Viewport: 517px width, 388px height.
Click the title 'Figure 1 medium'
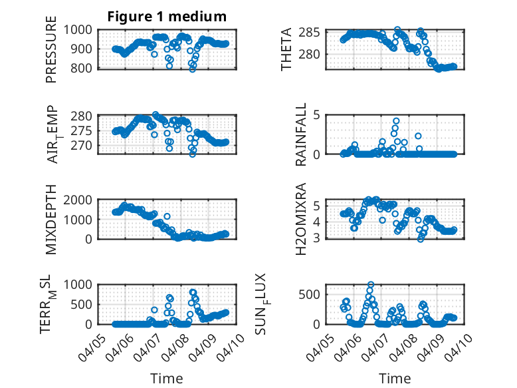[167, 17]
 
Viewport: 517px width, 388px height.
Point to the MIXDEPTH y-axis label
[51, 219]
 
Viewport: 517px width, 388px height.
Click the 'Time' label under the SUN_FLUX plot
[395, 378]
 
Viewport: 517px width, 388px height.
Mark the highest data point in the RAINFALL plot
[396, 121]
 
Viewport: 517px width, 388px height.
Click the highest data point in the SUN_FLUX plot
[371, 285]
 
